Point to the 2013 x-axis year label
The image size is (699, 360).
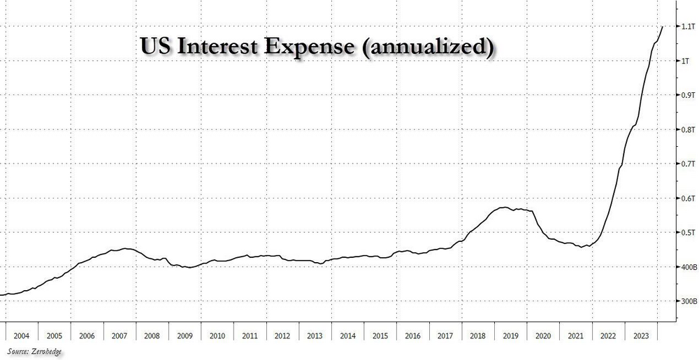coord(315,336)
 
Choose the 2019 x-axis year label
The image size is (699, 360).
coord(509,336)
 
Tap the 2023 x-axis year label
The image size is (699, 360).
coord(638,336)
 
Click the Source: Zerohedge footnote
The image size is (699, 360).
coord(31,352)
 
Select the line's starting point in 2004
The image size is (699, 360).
coord(1,294)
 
